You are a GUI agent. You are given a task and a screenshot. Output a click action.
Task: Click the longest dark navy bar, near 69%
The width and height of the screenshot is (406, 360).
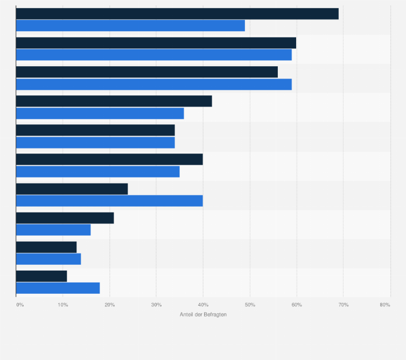click(177, 14)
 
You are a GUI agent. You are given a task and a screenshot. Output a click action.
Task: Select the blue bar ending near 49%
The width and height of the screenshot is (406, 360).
click(130, 26)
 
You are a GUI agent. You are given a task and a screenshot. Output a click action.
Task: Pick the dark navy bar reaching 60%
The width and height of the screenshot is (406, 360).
click(156, 43)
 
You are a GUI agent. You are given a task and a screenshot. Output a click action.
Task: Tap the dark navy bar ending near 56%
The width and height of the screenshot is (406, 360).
click(147, 72)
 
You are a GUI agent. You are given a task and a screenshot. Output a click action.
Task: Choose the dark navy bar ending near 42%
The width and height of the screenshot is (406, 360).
click(114, 101)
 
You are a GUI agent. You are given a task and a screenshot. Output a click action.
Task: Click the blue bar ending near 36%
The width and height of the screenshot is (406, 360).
click(100, 113)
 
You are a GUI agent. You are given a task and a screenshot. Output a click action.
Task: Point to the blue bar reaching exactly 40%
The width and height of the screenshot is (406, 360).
click(109, 201)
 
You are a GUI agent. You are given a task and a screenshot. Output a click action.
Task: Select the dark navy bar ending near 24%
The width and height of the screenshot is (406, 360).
click(72, 189)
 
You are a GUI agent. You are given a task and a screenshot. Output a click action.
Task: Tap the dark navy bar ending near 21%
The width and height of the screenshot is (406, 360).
click(65, 218)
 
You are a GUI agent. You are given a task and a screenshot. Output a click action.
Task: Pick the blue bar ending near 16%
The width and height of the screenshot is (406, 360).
click(53, 230)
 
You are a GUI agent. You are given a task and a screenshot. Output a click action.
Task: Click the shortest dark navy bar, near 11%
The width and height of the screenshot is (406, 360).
click(41, 276)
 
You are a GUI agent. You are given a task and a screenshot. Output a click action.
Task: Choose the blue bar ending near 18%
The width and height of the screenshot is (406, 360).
click(58, 288)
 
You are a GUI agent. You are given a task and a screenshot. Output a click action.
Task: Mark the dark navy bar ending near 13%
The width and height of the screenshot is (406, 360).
click(46, 247)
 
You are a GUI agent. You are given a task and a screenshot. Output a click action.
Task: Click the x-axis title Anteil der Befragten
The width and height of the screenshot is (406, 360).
click(203, 315)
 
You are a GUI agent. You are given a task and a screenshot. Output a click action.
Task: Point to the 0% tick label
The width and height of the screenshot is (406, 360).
click(20, 305)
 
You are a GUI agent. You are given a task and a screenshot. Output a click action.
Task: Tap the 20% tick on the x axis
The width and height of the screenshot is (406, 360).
click(109, 305)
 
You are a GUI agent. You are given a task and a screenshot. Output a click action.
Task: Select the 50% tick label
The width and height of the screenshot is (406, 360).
click(250, 305)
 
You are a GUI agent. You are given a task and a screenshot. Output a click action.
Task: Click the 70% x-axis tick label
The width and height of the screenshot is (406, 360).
click(343, 305)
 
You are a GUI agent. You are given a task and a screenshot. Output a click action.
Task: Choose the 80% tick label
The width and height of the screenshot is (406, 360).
click(384, 305)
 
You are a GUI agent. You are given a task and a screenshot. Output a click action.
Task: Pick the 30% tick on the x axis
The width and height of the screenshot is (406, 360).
click(156, 305)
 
